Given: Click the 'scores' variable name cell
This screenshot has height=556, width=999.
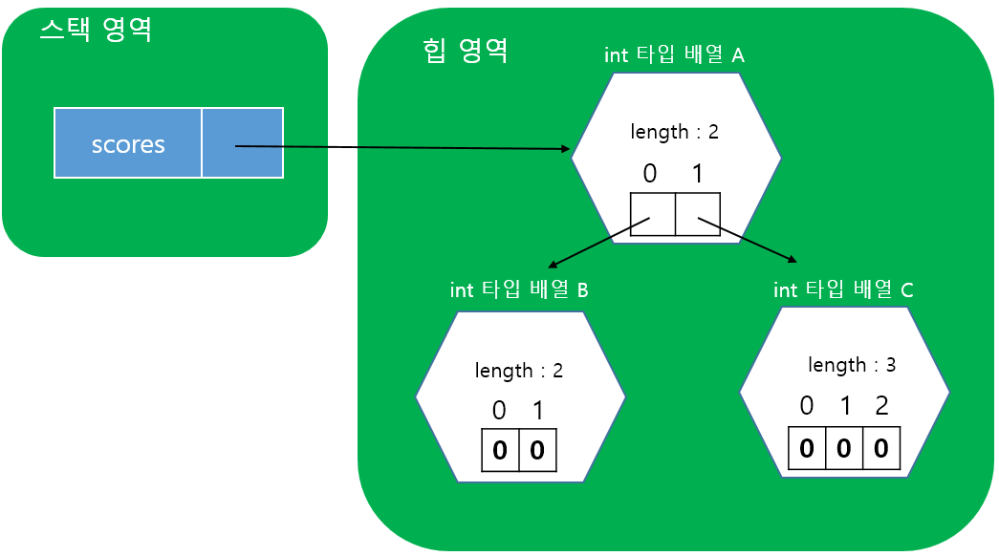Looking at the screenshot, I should (x=128, y=144).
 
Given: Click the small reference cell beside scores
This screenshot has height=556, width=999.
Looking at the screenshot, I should (x=242, y=143).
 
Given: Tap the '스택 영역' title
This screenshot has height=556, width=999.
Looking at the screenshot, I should (x=96, y=30).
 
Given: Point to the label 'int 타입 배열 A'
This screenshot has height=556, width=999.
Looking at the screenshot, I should (x=674, y=55).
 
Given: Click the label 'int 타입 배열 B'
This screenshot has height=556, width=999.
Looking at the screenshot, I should (x=519, y=289).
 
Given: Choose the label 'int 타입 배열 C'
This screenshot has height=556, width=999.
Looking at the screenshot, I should (x=843, y=289).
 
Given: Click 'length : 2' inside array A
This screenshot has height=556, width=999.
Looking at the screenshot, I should (x=674, y=132).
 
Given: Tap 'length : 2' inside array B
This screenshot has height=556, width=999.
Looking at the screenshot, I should (x=519, y=370).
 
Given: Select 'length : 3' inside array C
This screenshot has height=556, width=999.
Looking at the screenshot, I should (x=852, y=364).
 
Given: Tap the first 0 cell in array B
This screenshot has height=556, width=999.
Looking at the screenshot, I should (x=500, y=451).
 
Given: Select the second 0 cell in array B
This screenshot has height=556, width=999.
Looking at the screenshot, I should (x=537, y=451).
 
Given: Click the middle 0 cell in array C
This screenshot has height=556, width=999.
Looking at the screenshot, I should (x=843, y=449).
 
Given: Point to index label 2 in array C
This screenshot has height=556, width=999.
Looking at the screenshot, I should (x=881, y=406).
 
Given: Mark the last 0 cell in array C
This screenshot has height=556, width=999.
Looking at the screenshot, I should (x=880, y=449).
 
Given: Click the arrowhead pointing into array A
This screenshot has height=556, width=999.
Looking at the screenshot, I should (x=564, y=149).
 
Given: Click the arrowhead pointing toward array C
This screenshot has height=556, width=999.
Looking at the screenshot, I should (x=791, y=258).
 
